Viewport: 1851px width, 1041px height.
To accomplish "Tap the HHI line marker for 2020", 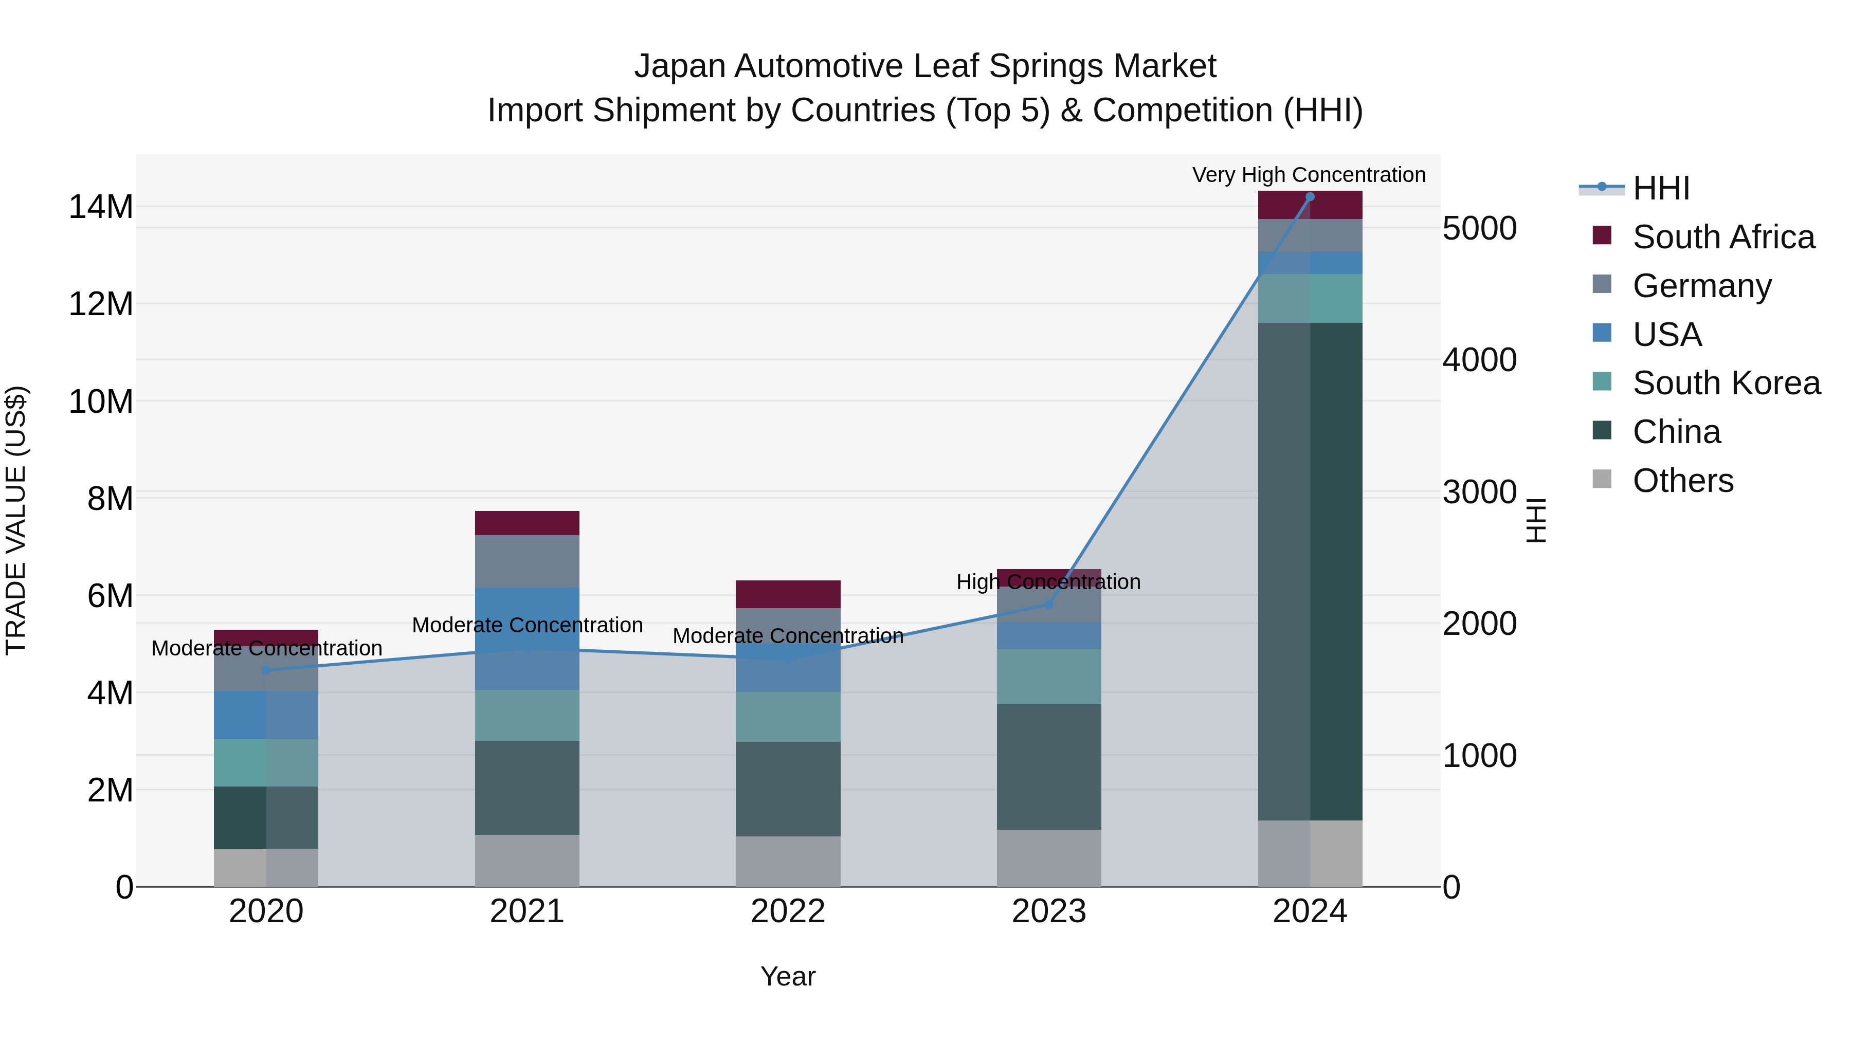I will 266,670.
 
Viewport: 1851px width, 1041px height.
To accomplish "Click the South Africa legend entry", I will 1723,237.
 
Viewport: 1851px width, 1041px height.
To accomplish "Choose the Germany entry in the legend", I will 1701,286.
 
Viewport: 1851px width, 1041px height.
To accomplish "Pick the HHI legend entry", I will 1661,188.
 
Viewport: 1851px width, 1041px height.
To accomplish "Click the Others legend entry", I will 1682,481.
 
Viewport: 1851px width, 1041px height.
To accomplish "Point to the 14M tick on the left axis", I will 101,207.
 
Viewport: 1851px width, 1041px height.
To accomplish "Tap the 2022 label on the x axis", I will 788,911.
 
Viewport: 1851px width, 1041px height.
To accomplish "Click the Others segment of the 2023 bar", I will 1048,858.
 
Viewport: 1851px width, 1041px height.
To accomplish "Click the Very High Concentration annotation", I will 1309,175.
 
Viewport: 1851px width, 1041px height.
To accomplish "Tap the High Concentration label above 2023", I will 1048,582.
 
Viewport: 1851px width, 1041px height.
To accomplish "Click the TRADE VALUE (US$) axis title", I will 16,520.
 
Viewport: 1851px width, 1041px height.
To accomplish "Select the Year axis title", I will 788,976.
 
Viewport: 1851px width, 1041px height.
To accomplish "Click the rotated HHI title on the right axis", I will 1535,520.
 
